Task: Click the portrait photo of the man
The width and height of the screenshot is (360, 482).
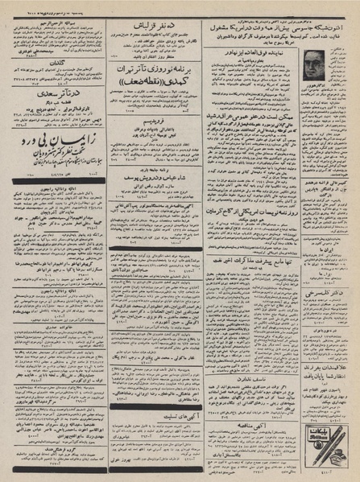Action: pyautogui.click(x=315, y=68)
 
